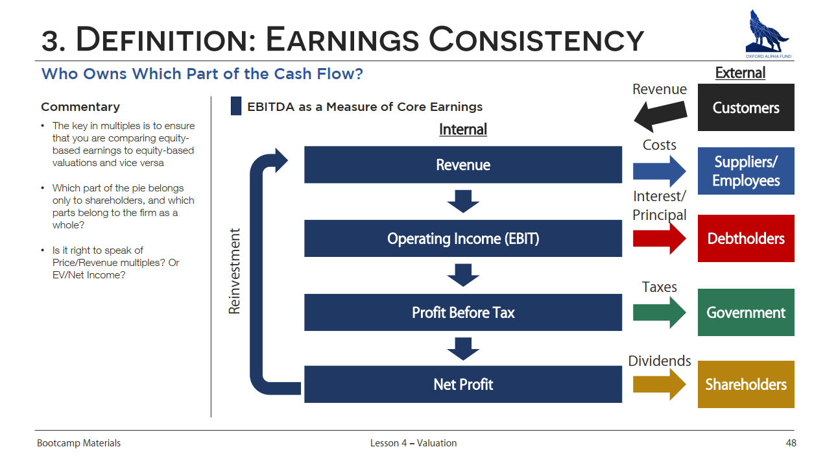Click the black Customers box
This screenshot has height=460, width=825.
[746, 107]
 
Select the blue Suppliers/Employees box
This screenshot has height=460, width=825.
[746, 171]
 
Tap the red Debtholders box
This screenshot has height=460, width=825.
[746, 238]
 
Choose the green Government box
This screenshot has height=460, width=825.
[746, 312]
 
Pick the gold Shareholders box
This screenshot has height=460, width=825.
[746, 384]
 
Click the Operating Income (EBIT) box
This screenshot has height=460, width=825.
[463, 238]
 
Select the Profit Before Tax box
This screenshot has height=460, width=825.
[463, 312]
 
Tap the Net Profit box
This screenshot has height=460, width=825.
[463, 384]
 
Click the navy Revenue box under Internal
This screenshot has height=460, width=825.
[463, 165]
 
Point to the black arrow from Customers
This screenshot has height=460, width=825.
[660, 116]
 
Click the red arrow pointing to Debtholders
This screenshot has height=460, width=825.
[659, 239]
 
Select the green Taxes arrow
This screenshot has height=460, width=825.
[659, 313]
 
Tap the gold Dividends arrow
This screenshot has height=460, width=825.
[659, 385]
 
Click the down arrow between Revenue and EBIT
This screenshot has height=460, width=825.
[463, 202]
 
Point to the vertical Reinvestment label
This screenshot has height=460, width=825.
[234, 271]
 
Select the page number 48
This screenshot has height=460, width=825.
[791, 443]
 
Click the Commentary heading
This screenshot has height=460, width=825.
[80, 107]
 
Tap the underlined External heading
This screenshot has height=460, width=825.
[740, 73]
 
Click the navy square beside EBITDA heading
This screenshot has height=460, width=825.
[236, 106]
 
